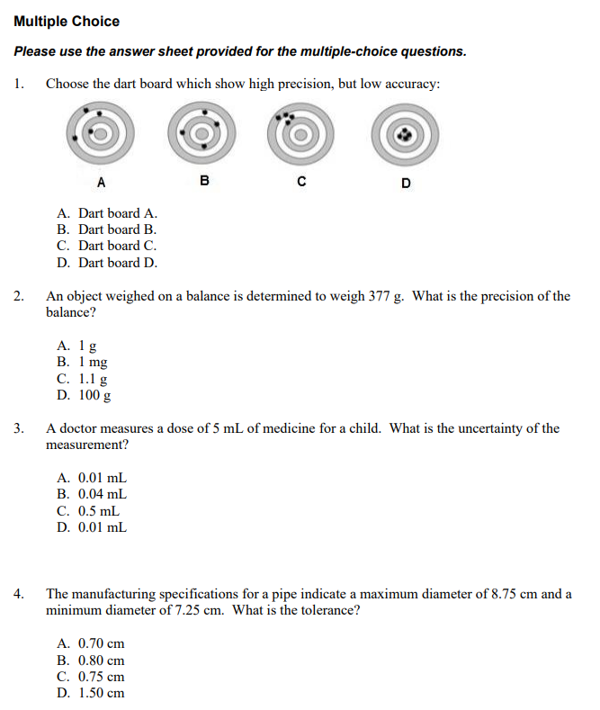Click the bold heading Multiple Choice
pos(67,21)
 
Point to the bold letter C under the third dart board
pos(302,183)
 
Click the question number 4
pos(19,594)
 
